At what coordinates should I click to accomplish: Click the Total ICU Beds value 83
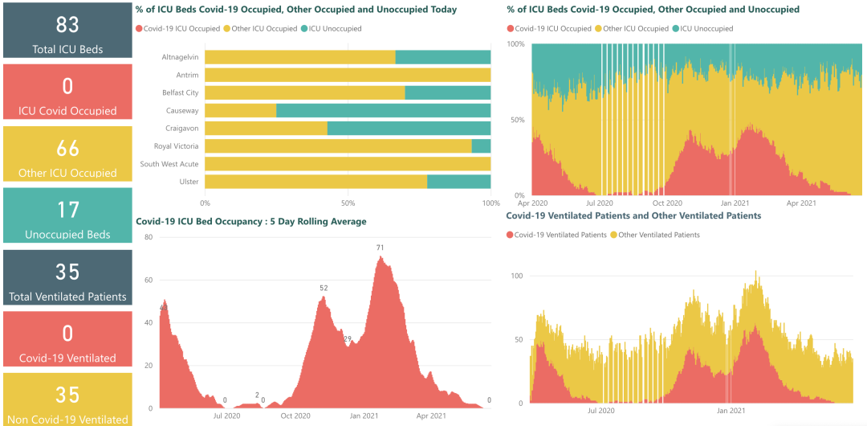tap(67, 24)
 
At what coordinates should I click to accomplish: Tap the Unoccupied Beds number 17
tap(67, 210)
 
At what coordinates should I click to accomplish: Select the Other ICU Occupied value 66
tap(67, 148)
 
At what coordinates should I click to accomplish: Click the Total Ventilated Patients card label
tap(67, 297)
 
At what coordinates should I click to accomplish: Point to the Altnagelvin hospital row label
tap(181, 57)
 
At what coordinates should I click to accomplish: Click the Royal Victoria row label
tap(177, 146)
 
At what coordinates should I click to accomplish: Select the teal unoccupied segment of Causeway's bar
tap(383, 110)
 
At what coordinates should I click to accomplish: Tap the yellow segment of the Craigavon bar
tap(266, 129)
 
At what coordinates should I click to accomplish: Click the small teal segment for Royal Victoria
tap(481, 146)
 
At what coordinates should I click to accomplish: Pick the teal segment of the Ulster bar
tap(458, 182)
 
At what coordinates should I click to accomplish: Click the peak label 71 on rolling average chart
tap(380, 248)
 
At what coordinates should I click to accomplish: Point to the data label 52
tap(324, 288)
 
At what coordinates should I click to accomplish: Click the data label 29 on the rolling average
tap(348, 338)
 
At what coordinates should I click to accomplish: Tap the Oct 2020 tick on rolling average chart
tap(295, 416)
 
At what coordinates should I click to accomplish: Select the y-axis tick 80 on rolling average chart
tap(148, 237)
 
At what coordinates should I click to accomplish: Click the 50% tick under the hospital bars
tap(348, 203)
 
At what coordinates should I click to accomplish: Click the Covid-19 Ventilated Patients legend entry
tap(560, 235)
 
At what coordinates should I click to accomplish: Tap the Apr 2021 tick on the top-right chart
tap(801, 203)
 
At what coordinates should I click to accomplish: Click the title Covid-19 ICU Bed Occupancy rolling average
tap(251, 221)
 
